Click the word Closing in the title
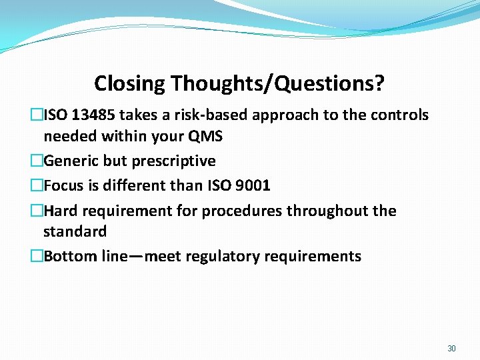[x=129, y=84]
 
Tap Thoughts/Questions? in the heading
[x=277, y=84]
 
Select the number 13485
[x=92, y=115]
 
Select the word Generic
[x=70, y=161]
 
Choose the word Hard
[x=60, y=211]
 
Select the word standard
[x=75, y=232]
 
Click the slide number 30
[x=451, y=349]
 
